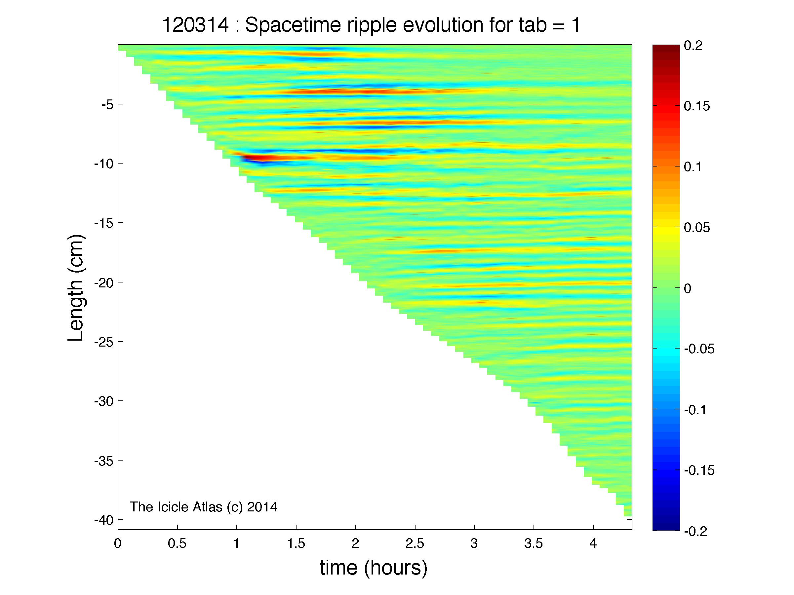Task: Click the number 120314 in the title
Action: pyautogui.click(x=195, y=25)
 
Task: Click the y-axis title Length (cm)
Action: pyautogui.click(x=76, y=288)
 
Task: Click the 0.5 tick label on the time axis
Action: pyautogui.click(x=177, y=544)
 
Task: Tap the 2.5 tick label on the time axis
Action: pyautogui.click(x=415, y=544)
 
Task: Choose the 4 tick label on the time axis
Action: pyautogui.click(x=593, y=544)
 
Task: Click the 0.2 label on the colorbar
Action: pyautogui.click(x=693, y=46)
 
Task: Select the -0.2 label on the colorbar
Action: pyautogui.click(x=695, y=531)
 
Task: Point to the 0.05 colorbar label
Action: pyautogui.click(x=697, y=227)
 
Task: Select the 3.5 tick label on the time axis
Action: pyautogui.click(x=534, y=544)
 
